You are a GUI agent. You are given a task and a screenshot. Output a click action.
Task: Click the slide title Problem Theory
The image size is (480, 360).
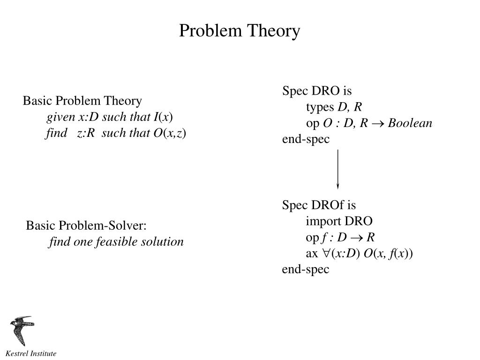point(240,31)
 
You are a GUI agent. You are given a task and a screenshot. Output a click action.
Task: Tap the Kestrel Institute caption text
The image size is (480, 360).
point(31,353)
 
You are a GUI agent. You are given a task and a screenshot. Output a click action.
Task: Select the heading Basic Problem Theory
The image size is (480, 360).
point(82,101)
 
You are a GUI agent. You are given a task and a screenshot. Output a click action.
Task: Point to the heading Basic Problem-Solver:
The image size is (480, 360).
point(86,225)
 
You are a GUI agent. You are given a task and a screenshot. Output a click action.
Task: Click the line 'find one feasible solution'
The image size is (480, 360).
point(116,242)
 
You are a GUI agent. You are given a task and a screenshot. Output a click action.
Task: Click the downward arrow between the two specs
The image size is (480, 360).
point(337,169)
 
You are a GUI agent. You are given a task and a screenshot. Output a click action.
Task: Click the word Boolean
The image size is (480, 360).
point(410,123)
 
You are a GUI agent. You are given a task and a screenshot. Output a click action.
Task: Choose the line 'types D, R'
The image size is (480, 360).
point(334,107)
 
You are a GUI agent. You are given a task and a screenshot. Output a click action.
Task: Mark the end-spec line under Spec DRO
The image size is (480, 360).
point(306,139)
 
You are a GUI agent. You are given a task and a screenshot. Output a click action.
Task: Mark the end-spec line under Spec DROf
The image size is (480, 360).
point(306,270)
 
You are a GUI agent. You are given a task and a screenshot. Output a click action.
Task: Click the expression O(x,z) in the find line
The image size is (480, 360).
point(170,133)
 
